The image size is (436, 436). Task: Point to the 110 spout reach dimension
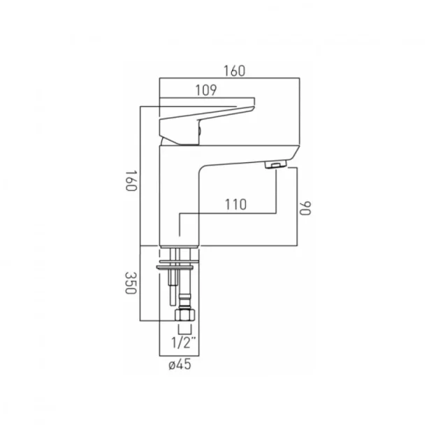point(235,204)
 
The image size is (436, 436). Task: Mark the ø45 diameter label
point(180,363)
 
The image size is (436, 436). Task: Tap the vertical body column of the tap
point(180,196)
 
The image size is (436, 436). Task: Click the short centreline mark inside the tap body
point(180,231)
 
